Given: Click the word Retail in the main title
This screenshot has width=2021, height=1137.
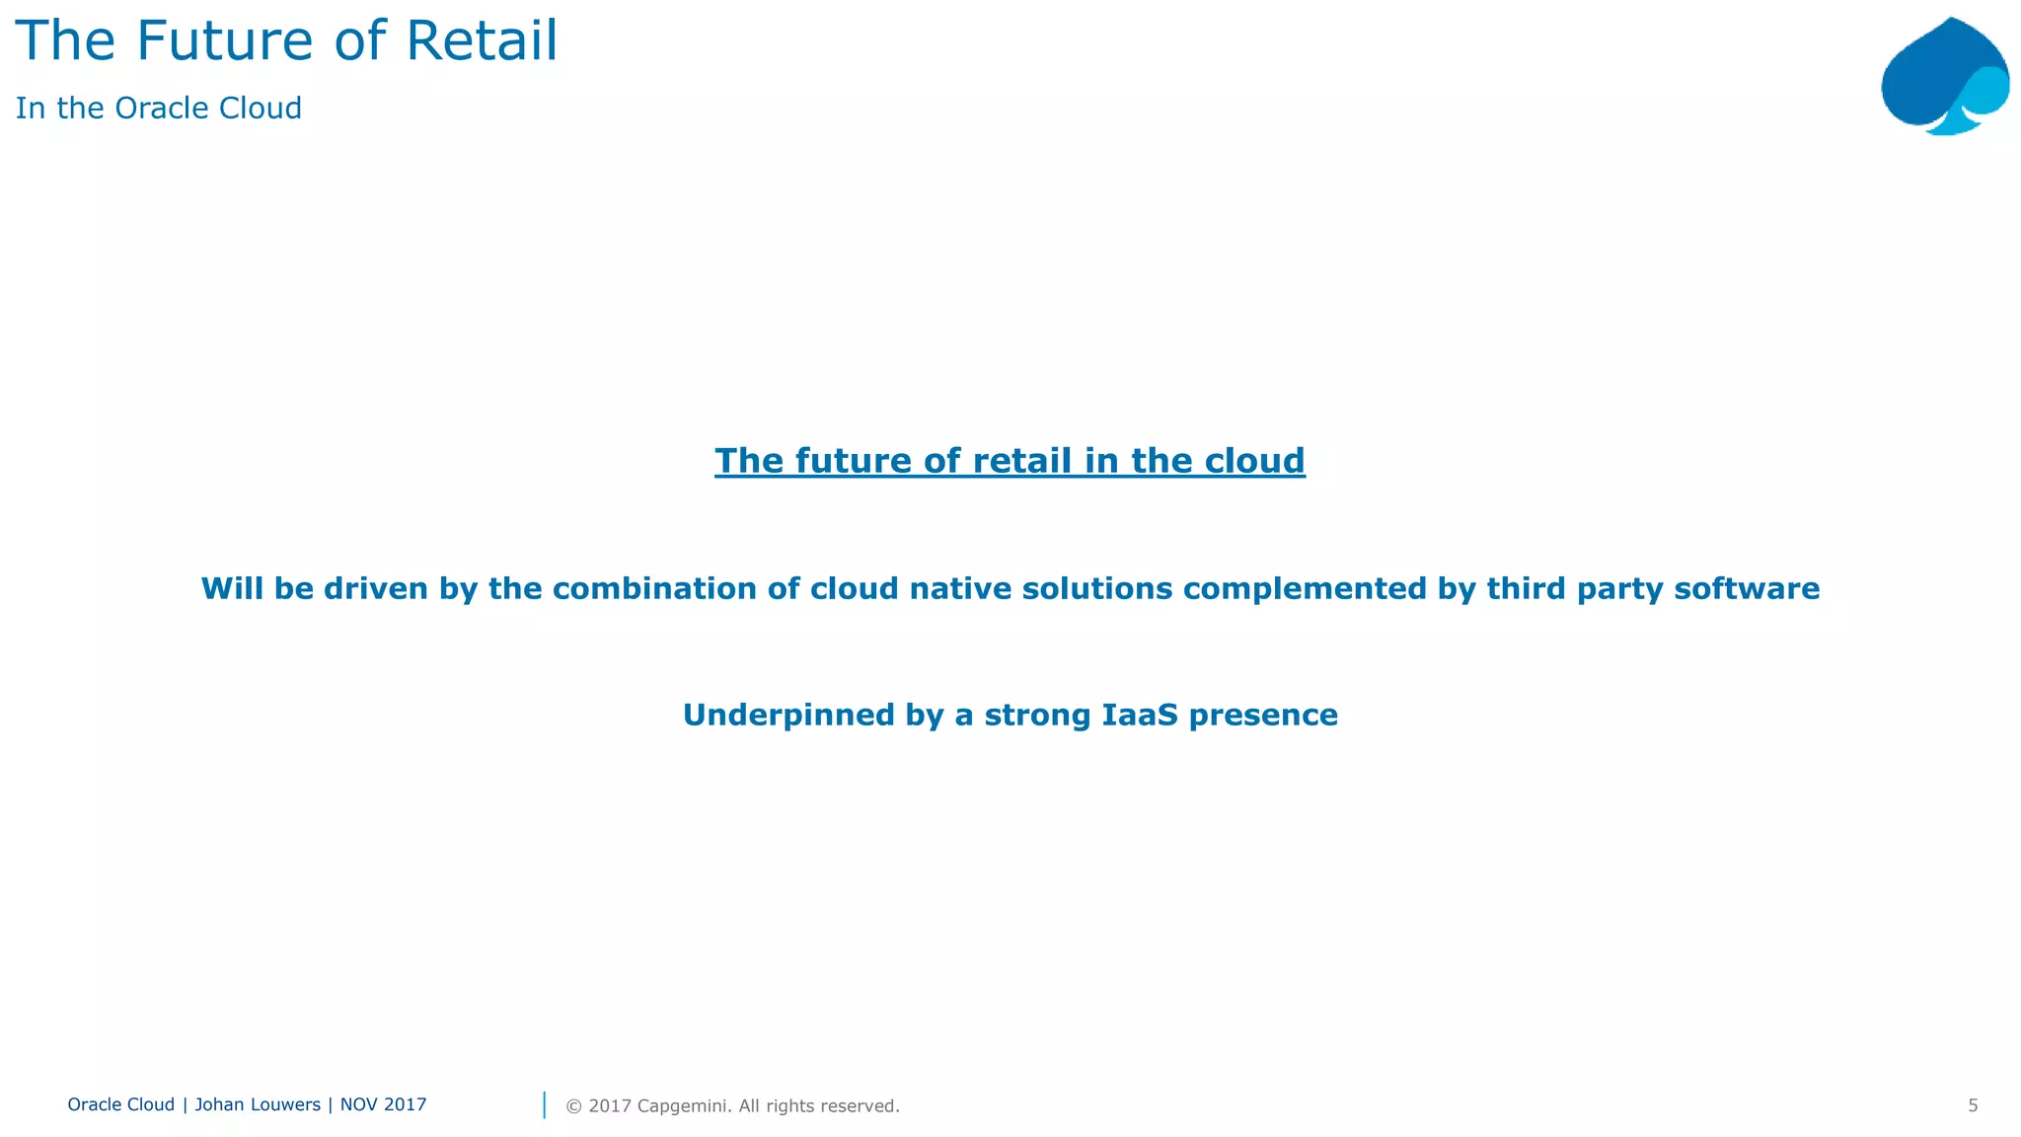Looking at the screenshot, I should (x=482, y=41).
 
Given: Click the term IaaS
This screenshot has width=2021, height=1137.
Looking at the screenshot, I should (x=1139, y=716).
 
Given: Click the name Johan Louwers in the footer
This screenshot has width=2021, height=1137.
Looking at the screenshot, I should (x=257, y=1105).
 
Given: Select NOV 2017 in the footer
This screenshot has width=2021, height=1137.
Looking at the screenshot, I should (x=383, y=1105).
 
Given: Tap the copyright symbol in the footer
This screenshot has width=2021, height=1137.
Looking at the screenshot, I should (x=573, y=1106).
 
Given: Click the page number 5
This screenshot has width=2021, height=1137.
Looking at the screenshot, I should (x=1973, y=1106).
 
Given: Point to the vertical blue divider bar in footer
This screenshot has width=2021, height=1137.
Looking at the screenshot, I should (x=545, y=1105).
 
